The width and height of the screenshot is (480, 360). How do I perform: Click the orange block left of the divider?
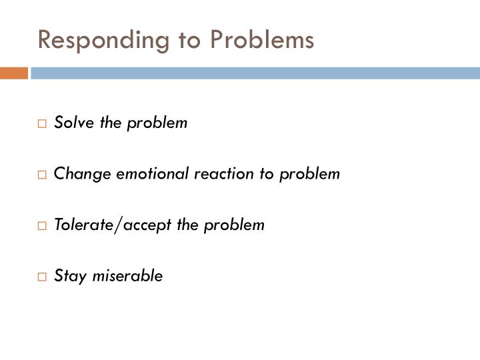tap(14, 73)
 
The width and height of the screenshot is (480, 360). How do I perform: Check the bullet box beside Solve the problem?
tap(42, 123)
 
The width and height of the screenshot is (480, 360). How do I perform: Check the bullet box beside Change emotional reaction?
tap(42, 175)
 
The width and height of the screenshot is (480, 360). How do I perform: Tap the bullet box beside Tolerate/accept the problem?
tap(42, 225)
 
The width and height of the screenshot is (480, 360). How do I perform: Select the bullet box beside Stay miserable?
tap(42, 277)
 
